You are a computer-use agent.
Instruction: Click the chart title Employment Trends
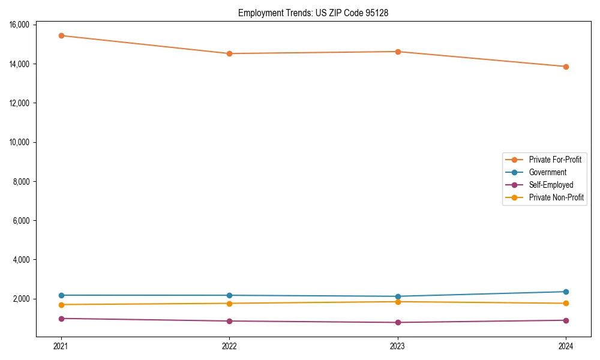click(x=313, y=13)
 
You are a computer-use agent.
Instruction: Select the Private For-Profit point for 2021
click(x=61, y=35)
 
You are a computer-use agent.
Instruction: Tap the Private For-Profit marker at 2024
click(x=566, y=67)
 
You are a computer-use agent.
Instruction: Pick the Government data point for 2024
click(x=566, y=292)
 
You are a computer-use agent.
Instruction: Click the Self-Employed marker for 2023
click(x=398, y=322)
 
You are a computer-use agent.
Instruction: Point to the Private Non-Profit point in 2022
click(x=229, y=303)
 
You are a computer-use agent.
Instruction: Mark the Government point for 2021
click(x=61, y=295)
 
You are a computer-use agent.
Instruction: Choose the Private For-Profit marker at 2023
click(x=398, y=52)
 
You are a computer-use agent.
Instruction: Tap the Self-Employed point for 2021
click(x=61, y=319)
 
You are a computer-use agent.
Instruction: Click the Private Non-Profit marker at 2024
click(x=566, y=303)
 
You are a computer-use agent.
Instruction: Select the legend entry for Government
click(x=547, y=172)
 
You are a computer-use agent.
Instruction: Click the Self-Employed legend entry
click(x=551, y=185)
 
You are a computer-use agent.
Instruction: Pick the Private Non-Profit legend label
click(x=556, y=197)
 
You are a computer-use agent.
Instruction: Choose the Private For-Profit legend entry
click(x=555, y=160)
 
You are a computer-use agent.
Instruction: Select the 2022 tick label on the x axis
click(x=229, y=346)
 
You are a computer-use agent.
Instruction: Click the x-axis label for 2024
click(x=566, y=346)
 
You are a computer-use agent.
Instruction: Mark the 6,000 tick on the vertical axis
click(x=22, y=221)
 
